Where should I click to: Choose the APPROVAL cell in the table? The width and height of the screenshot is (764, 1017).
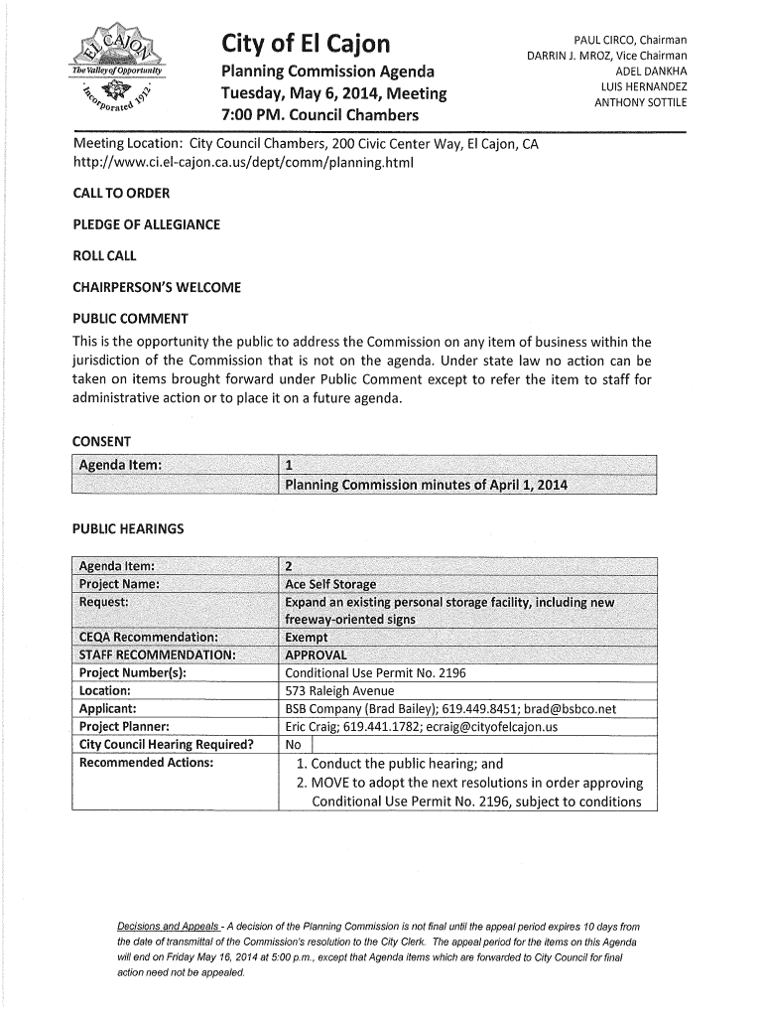316,655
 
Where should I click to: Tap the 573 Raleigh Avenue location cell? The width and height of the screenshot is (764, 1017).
339,691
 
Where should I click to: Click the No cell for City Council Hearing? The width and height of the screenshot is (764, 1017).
293,746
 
